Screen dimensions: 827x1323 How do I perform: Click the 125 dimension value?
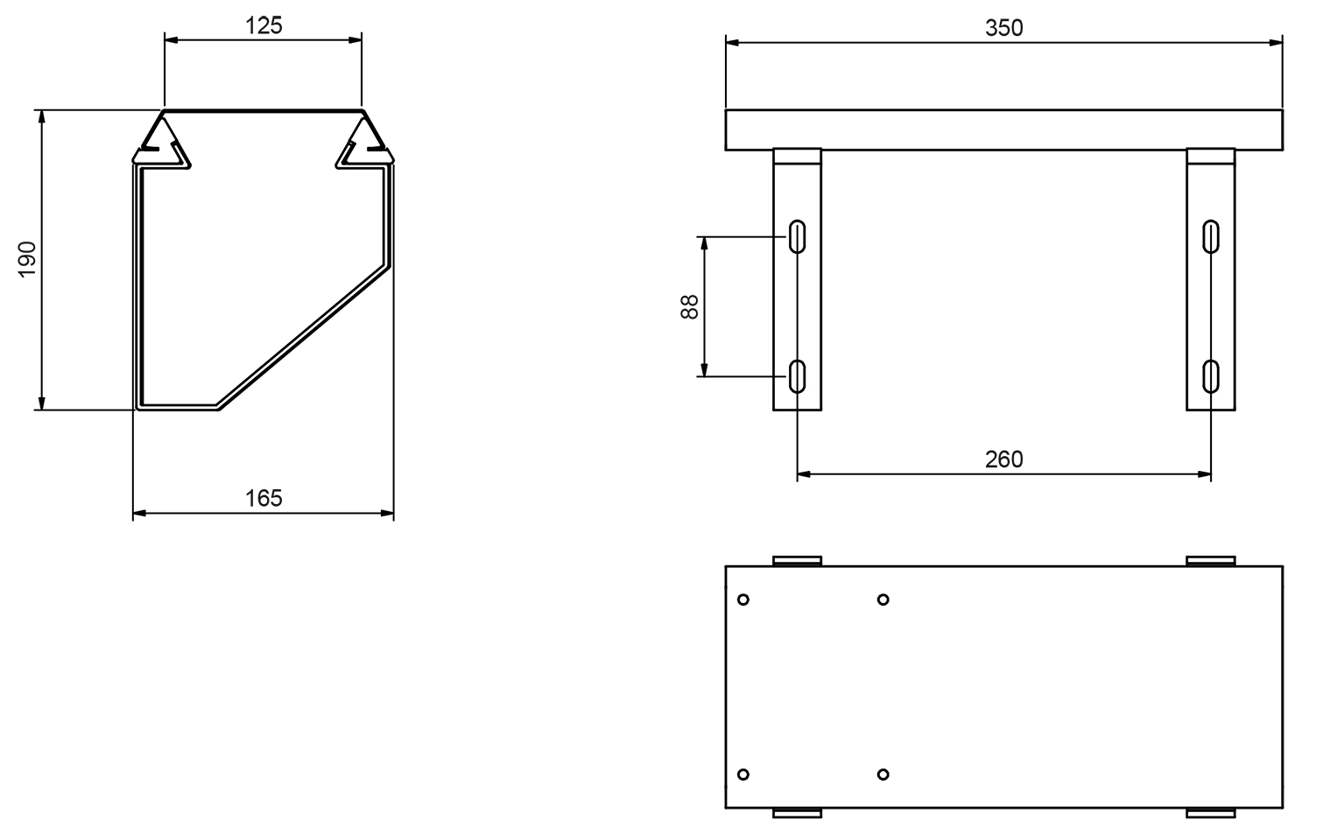(x=264, y=25)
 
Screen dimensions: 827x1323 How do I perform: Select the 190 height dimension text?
(x=27, y=260)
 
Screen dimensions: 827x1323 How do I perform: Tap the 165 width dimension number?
(x=264, y=499)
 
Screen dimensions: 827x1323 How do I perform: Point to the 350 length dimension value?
(x=1003, y=28)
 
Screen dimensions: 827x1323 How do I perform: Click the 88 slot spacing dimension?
(x=690, y=306)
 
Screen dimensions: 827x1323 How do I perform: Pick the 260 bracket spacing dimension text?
(x=1003, y=459)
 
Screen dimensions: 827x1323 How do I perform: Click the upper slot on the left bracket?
(x=798, y=236)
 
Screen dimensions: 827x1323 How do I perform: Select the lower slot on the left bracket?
(x=798, y=375)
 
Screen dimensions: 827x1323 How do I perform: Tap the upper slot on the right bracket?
(x=1211, y=236)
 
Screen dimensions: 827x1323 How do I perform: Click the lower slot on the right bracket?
(x=1211, y=375)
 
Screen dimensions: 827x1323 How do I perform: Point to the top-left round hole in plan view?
(x=743, y=599)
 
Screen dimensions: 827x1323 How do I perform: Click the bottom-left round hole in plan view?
(x=743, y=774)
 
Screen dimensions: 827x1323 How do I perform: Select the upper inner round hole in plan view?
(x=883, y=599)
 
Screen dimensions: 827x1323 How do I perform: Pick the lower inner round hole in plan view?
(x=883, y=774)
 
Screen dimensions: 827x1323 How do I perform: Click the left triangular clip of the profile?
(x=163, y=140)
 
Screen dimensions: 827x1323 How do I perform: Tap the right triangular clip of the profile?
(x=363, y=140)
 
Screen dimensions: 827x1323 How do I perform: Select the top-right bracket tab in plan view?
(x=1211, y=560)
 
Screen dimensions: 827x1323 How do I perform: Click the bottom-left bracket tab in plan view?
(x=798, y=813)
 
